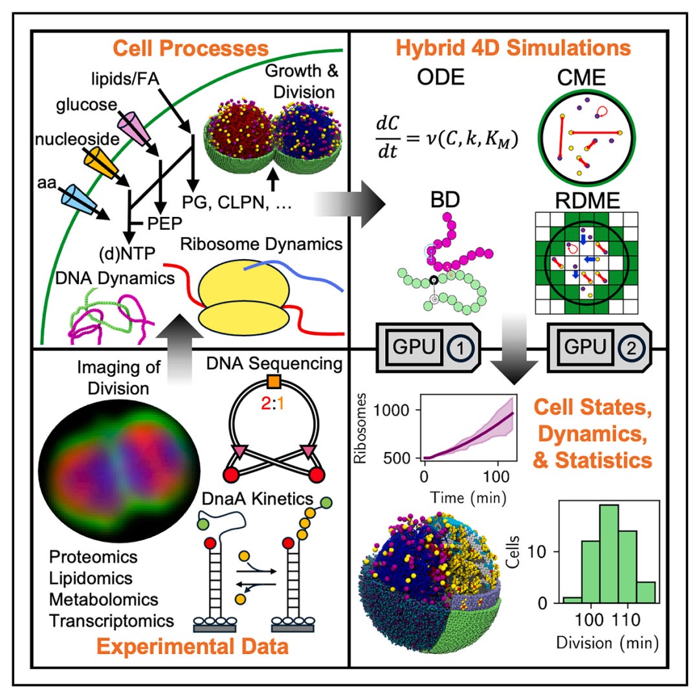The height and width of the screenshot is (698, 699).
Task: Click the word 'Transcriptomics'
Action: click(x=111, y=620)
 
